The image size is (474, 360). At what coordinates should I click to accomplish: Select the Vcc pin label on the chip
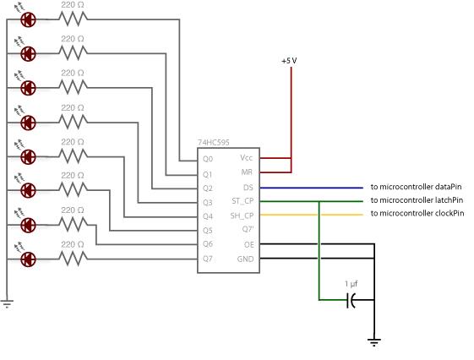246,158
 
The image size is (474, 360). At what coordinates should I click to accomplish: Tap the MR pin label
247,172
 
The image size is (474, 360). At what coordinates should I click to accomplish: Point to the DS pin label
248,187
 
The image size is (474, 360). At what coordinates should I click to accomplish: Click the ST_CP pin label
242,201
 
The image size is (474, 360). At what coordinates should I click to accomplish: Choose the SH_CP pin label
242,215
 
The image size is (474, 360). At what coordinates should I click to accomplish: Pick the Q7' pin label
247,230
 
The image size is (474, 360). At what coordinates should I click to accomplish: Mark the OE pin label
248,244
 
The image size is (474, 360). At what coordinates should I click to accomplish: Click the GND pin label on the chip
245,259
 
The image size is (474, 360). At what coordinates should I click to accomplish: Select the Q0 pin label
208,158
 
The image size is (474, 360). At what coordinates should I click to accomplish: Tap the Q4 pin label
208,215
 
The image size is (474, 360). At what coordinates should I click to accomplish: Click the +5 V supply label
291,62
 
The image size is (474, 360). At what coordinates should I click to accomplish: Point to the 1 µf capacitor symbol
351,300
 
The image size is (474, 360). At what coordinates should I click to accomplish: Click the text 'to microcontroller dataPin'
417,187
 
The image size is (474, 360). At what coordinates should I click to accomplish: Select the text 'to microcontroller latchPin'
417,200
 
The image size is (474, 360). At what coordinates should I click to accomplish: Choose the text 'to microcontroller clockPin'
417,214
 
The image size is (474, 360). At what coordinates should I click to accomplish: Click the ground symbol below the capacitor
373,342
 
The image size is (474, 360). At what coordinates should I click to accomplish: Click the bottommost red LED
28,259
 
